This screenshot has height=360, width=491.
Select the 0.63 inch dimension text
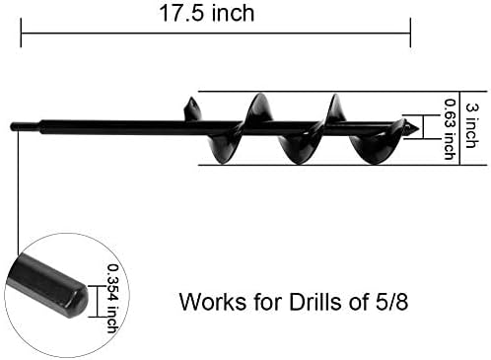point(449,128)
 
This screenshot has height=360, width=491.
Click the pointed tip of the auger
point(415,126)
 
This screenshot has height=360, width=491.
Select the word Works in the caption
point(209,302)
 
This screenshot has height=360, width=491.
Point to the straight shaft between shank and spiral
point(108,126)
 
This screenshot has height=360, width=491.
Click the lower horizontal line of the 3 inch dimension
point(325,165)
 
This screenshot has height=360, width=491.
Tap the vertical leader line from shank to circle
point(19,187)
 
